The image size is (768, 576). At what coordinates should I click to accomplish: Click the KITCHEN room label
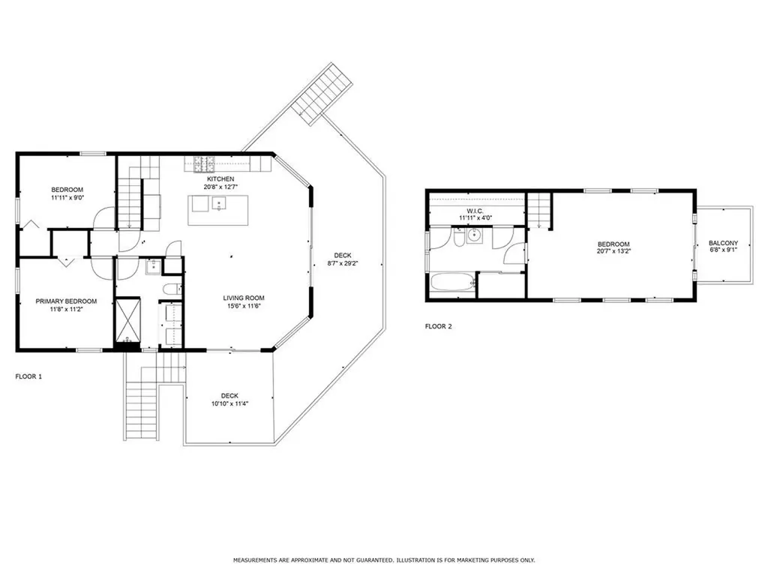[x=220, y=179]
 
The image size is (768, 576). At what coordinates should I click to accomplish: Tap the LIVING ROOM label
[x=244, y=298]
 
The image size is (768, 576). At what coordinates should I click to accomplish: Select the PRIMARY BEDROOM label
[x=66, y=301]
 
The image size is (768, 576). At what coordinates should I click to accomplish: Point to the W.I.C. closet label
[x=475, y=211]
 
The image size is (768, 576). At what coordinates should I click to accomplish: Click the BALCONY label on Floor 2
[x=724, y=243]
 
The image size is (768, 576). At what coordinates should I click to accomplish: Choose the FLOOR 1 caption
[x=29, y=376]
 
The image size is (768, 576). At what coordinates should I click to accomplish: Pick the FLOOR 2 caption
[x=438, y=327]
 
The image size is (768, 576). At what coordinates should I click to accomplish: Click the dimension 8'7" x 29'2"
[x=343, y=263]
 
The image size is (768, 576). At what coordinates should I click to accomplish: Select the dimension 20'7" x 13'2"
[x=613, y=252]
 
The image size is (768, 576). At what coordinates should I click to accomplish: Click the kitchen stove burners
[x=205, y=164]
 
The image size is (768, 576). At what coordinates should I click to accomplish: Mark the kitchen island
[x=218, y=210]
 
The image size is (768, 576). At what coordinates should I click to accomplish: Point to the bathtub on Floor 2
[x=452, y=283]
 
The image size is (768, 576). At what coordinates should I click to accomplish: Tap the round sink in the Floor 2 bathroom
[x=474, y=235]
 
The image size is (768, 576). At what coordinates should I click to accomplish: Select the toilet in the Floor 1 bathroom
[x=172, y=289]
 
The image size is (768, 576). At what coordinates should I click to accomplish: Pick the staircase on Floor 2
[x=539, y=211]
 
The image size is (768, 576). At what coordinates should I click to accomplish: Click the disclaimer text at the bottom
[x=384, y=559]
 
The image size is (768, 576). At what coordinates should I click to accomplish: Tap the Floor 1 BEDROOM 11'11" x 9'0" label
[x=67, y=193]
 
